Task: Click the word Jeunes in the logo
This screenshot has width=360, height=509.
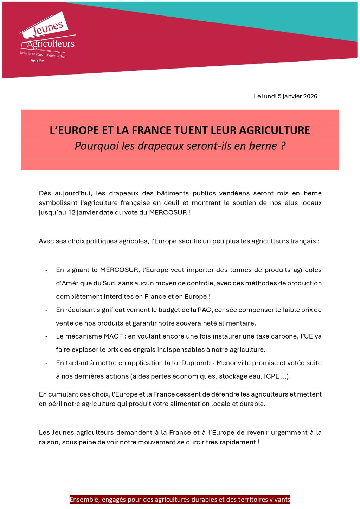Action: click(x=47, y=28)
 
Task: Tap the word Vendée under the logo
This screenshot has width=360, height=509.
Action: click(x=37, y=61)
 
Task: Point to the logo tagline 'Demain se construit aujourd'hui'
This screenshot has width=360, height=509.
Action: click(x=43, y=54)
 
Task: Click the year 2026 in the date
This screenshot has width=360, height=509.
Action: click(x=310, y=96)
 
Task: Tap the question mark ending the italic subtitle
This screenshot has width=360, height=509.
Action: click(x=283, y=146)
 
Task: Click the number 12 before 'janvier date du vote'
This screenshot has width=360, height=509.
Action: click(x=72, y=212)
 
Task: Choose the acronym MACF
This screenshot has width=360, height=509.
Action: click(x=113, y=336)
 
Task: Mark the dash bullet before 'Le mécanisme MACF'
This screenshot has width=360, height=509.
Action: click(x=46, y=336)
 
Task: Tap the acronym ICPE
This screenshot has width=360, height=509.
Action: click(x=271, y=376)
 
